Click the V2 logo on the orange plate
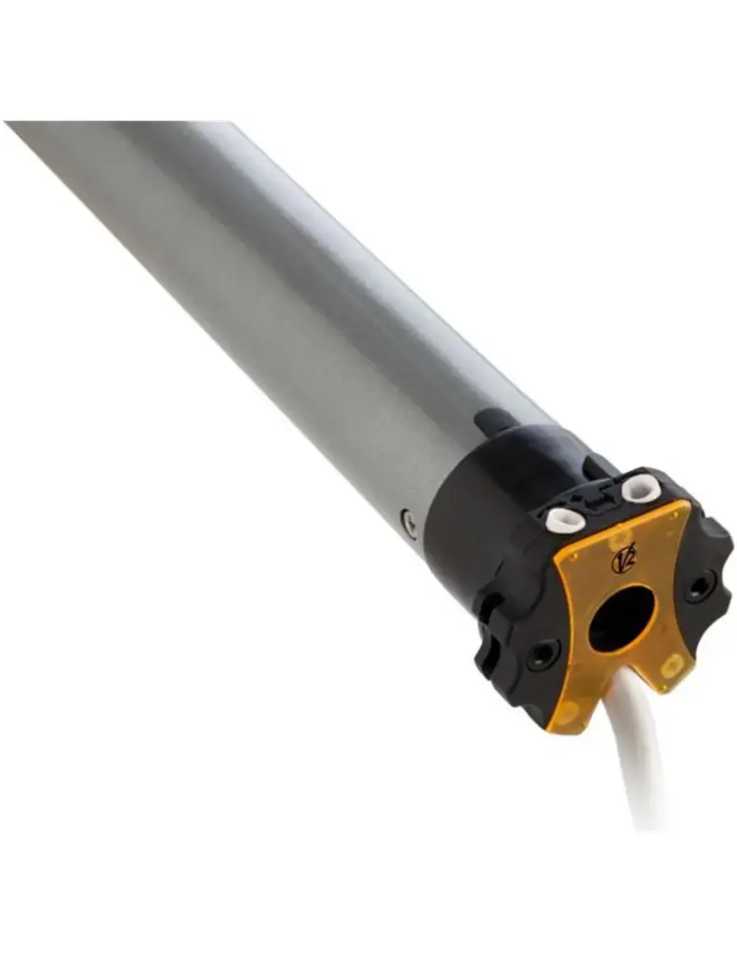click(x=623, y=561)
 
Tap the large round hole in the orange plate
click(x=621, y=619)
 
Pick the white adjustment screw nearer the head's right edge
click(x=641, y=488)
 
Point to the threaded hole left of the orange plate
click(x=542, y=654)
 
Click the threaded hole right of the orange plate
click(x=700, y=585)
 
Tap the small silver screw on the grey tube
click(x=409, y=522)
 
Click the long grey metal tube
click(x=279, y=307)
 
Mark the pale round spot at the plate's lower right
click(x=672, y=664)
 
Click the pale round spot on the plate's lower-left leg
click(x=567, y=713)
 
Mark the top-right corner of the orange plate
click(x=687, y=503)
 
